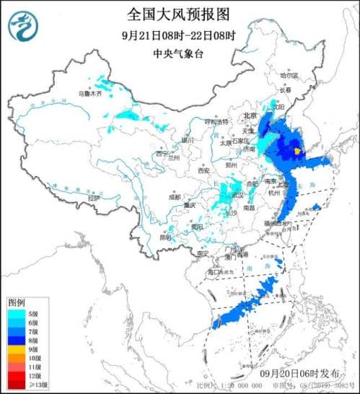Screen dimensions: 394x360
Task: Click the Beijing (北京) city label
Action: (x=250, y=115)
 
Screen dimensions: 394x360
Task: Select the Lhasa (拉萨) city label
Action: (x=91, y=197)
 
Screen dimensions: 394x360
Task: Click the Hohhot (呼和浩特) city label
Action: (x=216, y=122)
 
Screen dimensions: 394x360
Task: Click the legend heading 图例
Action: (x=17, y=301)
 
